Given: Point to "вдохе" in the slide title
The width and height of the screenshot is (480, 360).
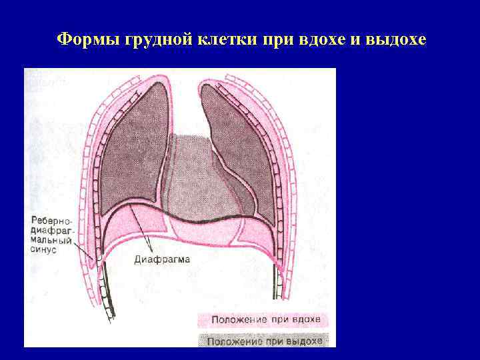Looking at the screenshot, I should (319, 39).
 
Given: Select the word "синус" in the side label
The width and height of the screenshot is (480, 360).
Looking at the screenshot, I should (43, 249).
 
